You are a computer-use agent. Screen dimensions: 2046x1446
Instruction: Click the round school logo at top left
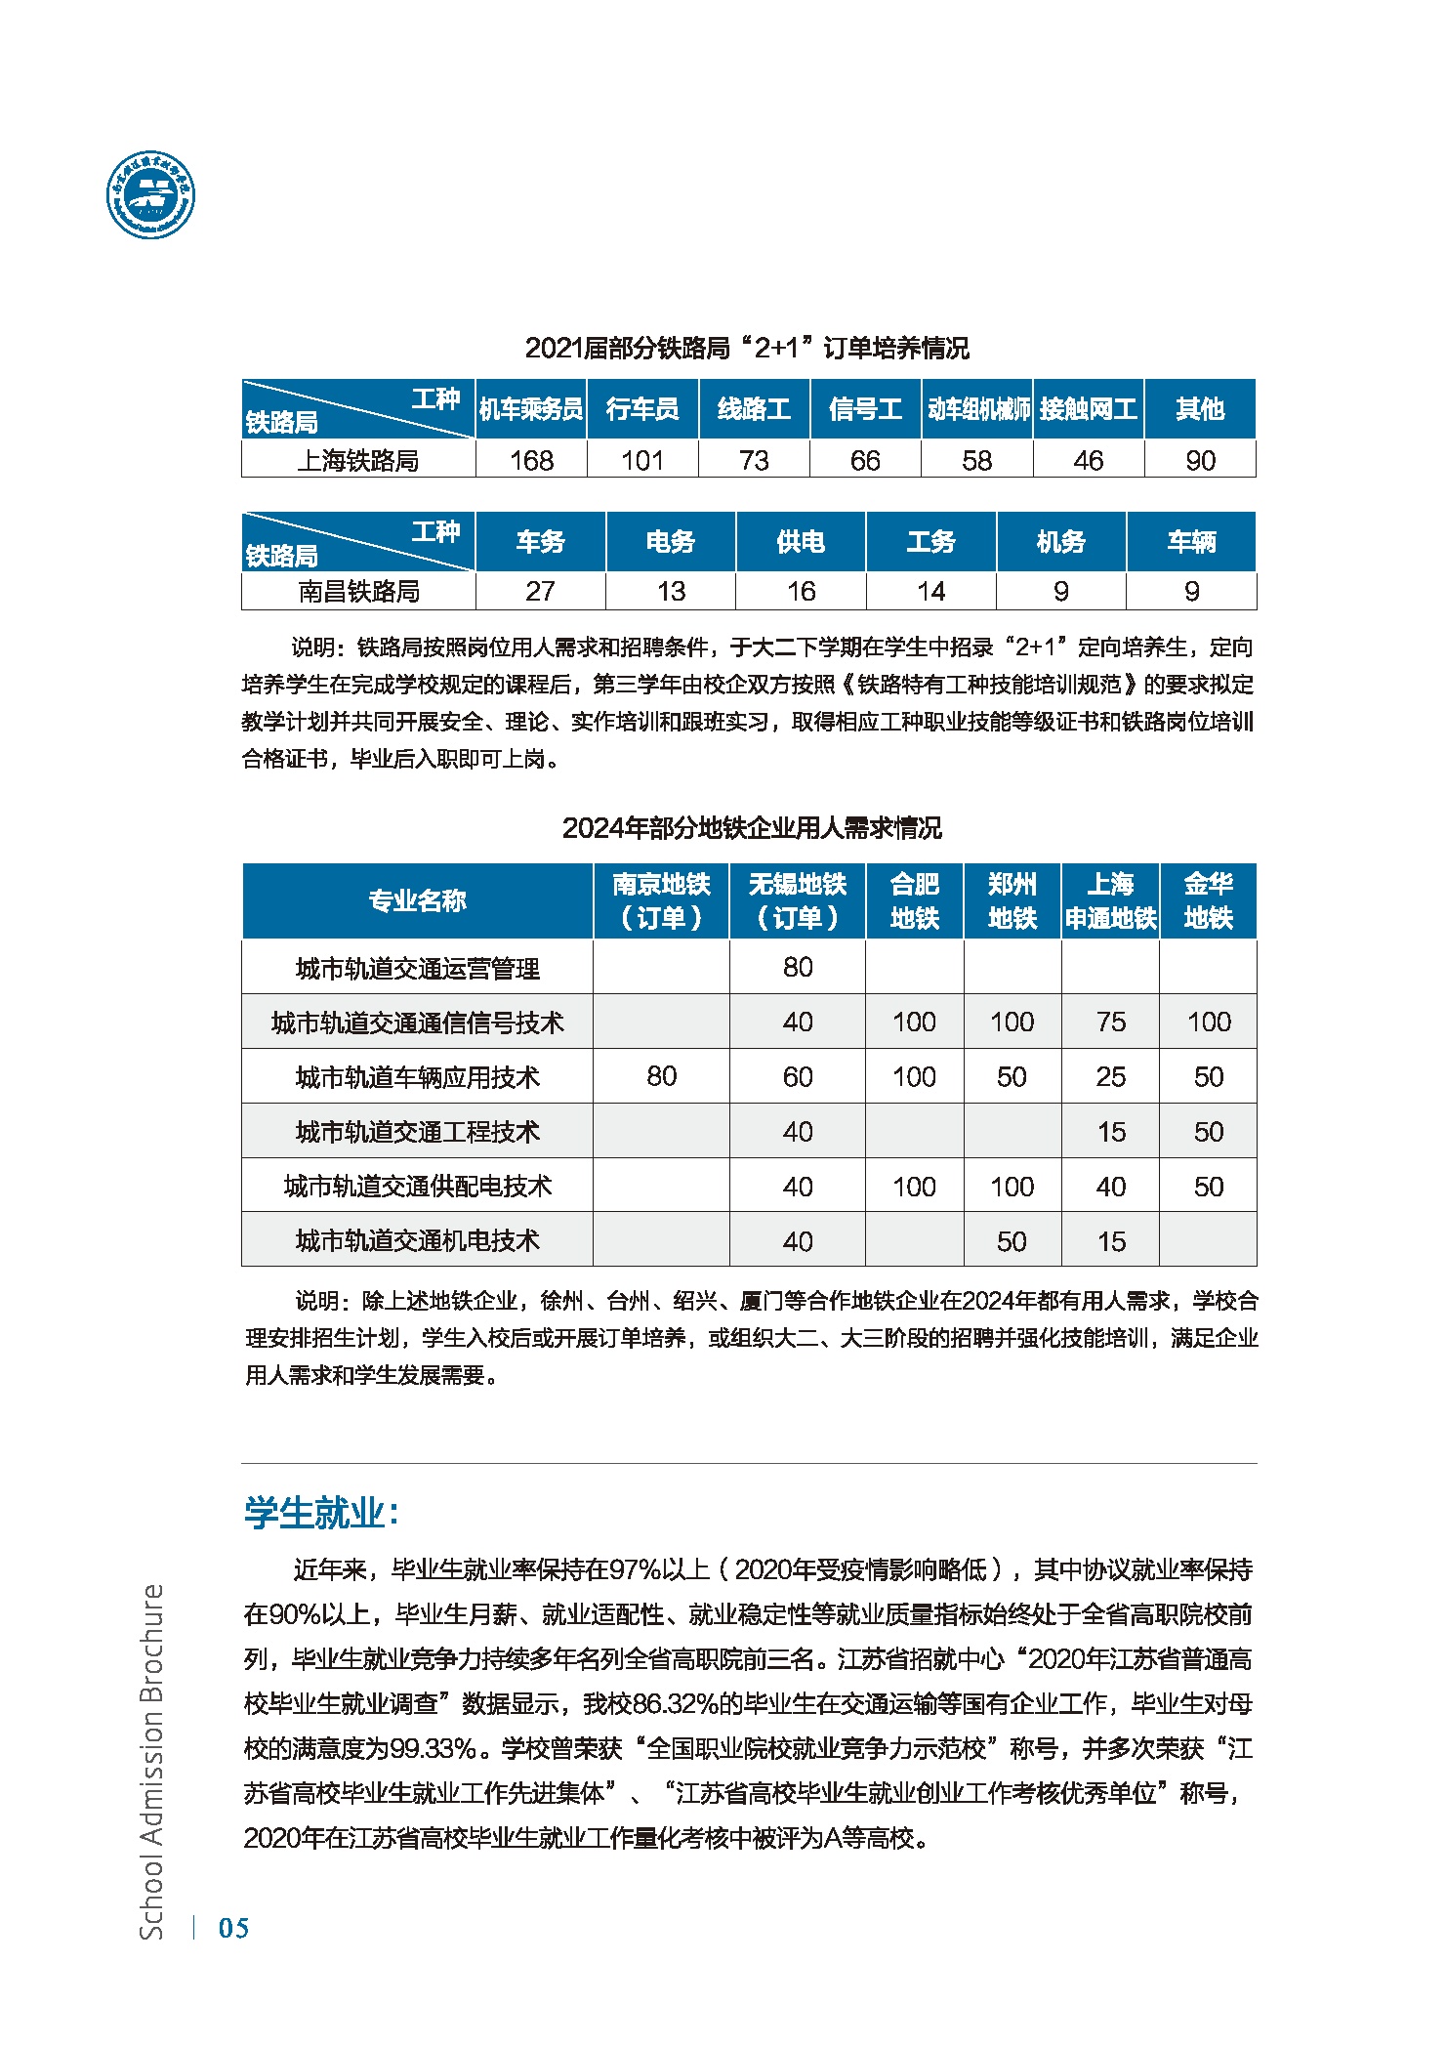point(150,195)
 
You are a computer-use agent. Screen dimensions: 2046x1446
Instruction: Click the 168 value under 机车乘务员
point(531,460)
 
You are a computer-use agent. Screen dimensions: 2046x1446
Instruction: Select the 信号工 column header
point(865,409)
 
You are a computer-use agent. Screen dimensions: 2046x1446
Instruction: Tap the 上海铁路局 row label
point(358,460)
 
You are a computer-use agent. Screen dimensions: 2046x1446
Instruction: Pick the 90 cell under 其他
point(1200,460)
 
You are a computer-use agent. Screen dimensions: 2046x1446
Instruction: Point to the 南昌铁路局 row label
point(358,591)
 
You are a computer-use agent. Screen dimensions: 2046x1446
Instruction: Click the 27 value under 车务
point(540,591)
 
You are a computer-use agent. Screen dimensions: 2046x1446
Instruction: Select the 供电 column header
point(801,542)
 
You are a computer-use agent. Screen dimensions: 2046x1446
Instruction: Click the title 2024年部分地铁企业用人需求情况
point(752,828)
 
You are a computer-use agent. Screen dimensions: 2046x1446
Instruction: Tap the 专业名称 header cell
point(417,900)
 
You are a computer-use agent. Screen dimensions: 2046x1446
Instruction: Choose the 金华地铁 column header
point(1208,900)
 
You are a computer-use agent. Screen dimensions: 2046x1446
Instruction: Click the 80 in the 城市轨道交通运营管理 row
point(798,967)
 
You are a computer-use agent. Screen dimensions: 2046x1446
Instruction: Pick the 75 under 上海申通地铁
point(1111,1022)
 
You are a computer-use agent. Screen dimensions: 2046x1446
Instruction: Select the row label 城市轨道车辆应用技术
point(417,1077)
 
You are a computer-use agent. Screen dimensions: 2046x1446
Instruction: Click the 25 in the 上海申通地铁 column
point(1111,1076)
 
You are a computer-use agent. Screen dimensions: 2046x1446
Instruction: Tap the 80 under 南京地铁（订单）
point(661,1076)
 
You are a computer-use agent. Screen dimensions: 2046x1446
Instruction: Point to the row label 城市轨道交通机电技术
point(417,1240)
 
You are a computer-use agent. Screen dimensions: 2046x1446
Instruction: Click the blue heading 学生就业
point(321,1513)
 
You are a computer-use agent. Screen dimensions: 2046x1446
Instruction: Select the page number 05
point(233,1927)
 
